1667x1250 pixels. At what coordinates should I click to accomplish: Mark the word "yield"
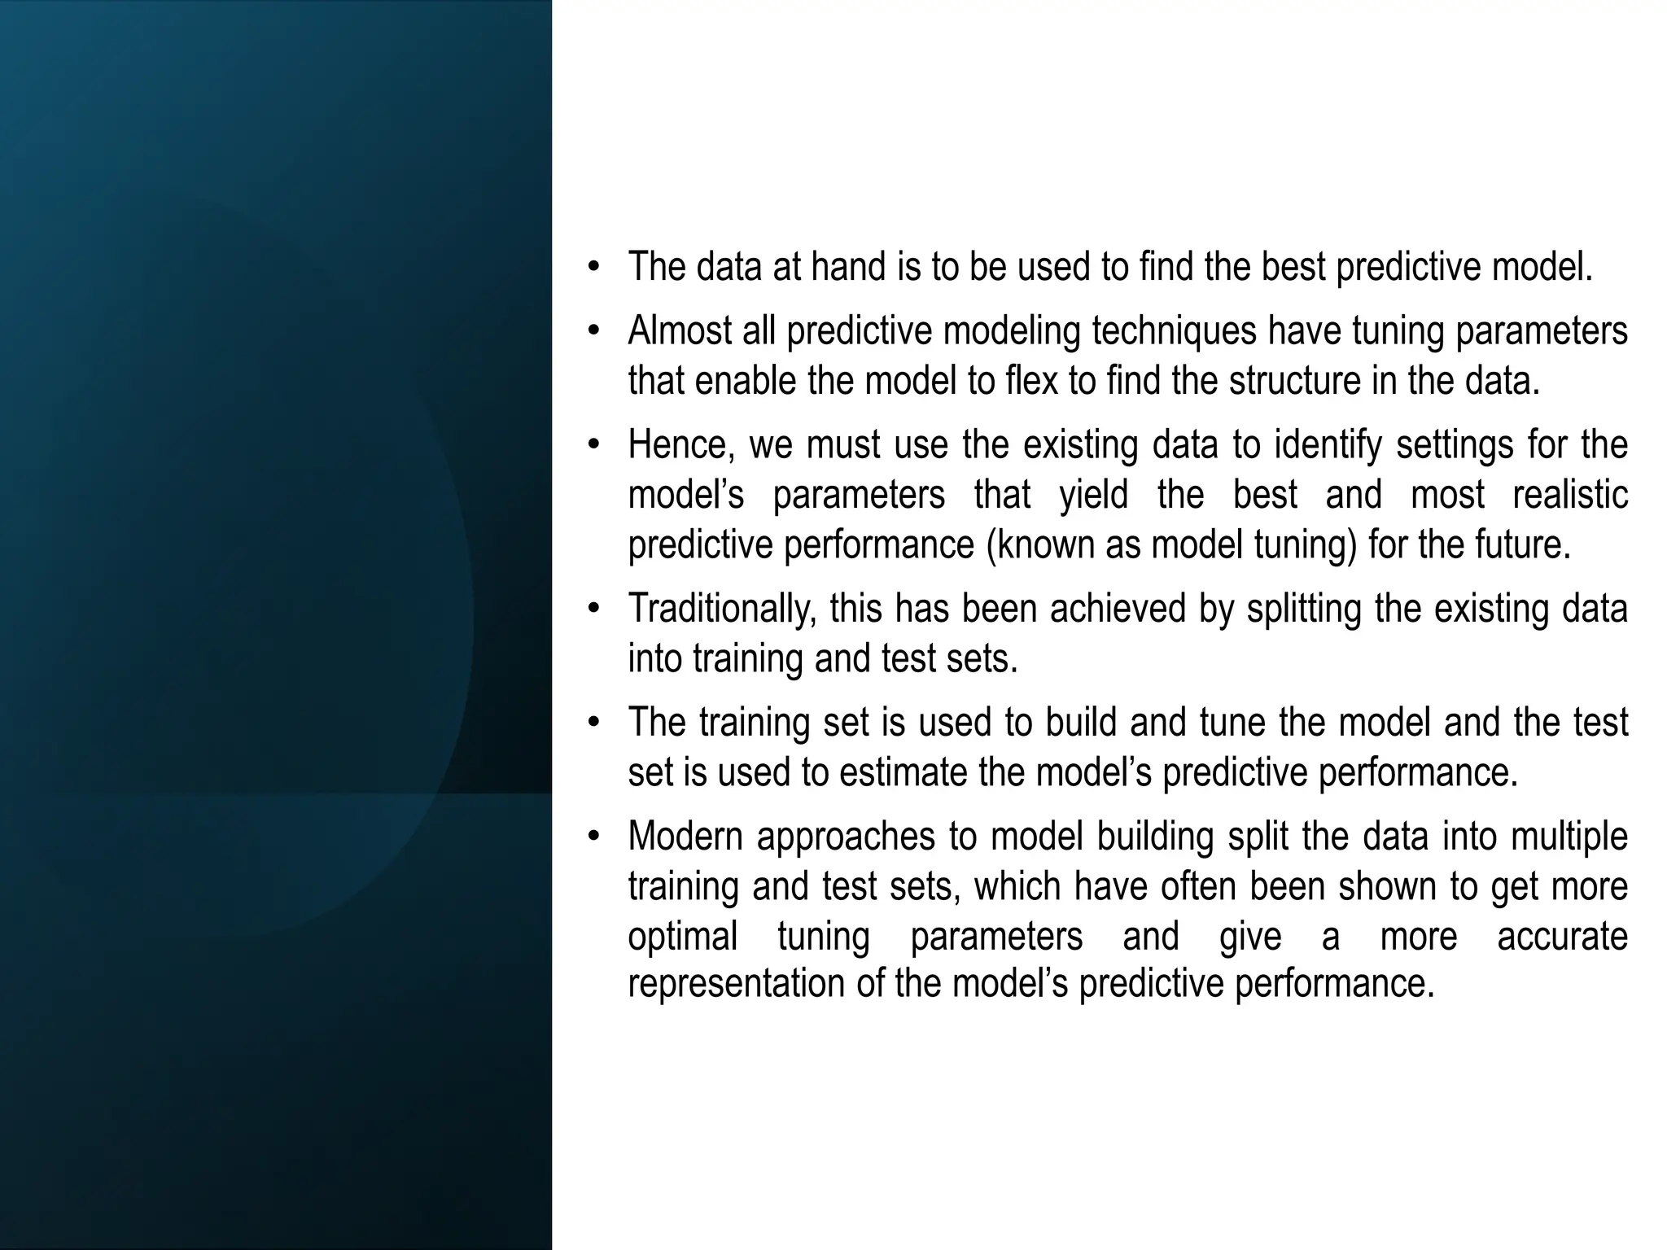click(x=1093, y=495)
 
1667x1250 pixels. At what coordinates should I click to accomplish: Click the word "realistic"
click(x=1570, y=495)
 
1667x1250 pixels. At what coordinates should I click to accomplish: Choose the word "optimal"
click(x=682, y=937)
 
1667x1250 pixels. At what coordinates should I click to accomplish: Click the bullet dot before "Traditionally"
click(x=594, y=609)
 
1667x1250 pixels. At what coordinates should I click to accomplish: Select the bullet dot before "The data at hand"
click(x=594, y=267)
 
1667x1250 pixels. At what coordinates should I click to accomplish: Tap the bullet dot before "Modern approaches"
click(x=594, y=837)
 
